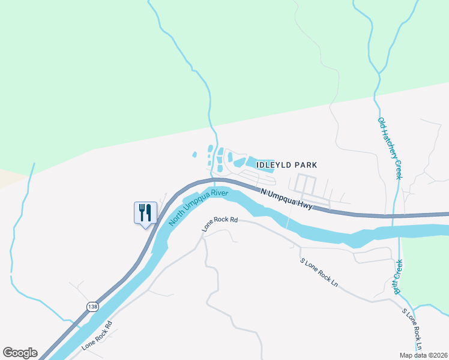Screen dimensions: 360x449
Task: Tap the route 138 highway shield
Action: coord(92,307)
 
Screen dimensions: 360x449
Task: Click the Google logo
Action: coord(20,353)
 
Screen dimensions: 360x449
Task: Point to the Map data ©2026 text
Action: coord(423,355)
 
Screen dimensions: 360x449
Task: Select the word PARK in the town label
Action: coord(306,164)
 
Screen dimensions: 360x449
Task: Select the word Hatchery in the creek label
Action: coord(390,149)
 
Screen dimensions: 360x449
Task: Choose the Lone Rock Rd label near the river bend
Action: coord(220,224)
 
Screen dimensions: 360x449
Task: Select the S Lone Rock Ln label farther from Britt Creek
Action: coord(318,272)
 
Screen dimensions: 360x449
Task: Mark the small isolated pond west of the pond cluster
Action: coord(194,154)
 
